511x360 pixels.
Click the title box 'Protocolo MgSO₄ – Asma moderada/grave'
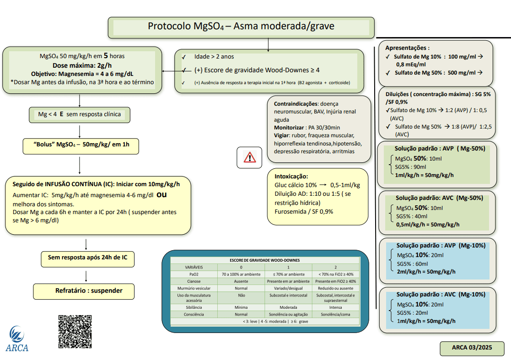[x=241, y=27]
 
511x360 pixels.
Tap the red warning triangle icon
[x=250, y=157]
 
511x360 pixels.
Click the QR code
[x=75, y=332]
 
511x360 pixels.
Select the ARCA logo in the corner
[x=17, y=339]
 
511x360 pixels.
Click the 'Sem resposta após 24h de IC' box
[x=87, y=258]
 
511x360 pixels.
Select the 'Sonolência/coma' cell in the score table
[x=335, y=315]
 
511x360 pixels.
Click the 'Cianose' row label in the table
[x=194, y=281]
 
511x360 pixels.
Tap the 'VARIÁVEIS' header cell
[x=194, y=267]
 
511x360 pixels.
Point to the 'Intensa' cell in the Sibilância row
[x=335, y=307]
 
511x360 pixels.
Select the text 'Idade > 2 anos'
[x=214, y=57]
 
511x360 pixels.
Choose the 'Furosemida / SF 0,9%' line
[x=304, y=211]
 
